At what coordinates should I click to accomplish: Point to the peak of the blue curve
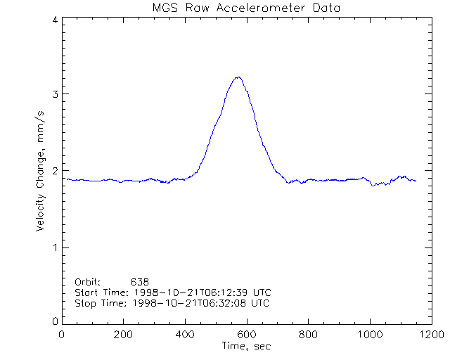238,77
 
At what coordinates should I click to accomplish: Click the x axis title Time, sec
246,346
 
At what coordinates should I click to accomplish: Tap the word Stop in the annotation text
85,303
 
